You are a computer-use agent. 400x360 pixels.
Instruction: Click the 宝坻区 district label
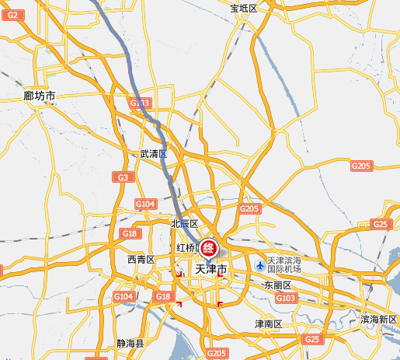coord(243,8)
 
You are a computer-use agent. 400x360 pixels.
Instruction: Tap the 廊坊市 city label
coord(39,96)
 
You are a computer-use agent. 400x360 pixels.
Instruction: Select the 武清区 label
coord(153,154)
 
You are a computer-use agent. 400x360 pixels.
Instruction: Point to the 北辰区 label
coord(185,224)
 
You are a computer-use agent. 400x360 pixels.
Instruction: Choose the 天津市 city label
coord(210,270)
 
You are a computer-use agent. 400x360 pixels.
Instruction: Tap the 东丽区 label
coord(277,285)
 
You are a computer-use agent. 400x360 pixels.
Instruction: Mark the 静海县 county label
coord(130,343)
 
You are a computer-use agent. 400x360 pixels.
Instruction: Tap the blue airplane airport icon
coord(259,266)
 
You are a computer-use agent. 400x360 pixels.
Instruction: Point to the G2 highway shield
coord(12,5)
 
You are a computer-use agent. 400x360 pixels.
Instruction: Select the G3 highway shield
coord(123,177)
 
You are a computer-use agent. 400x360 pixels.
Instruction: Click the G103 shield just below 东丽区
coord(285,299)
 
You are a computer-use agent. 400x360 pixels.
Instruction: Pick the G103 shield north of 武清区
coord(139,103)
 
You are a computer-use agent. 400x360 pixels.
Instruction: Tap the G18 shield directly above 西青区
coord(130,234)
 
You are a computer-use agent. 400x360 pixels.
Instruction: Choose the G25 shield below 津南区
coord(312,340)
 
